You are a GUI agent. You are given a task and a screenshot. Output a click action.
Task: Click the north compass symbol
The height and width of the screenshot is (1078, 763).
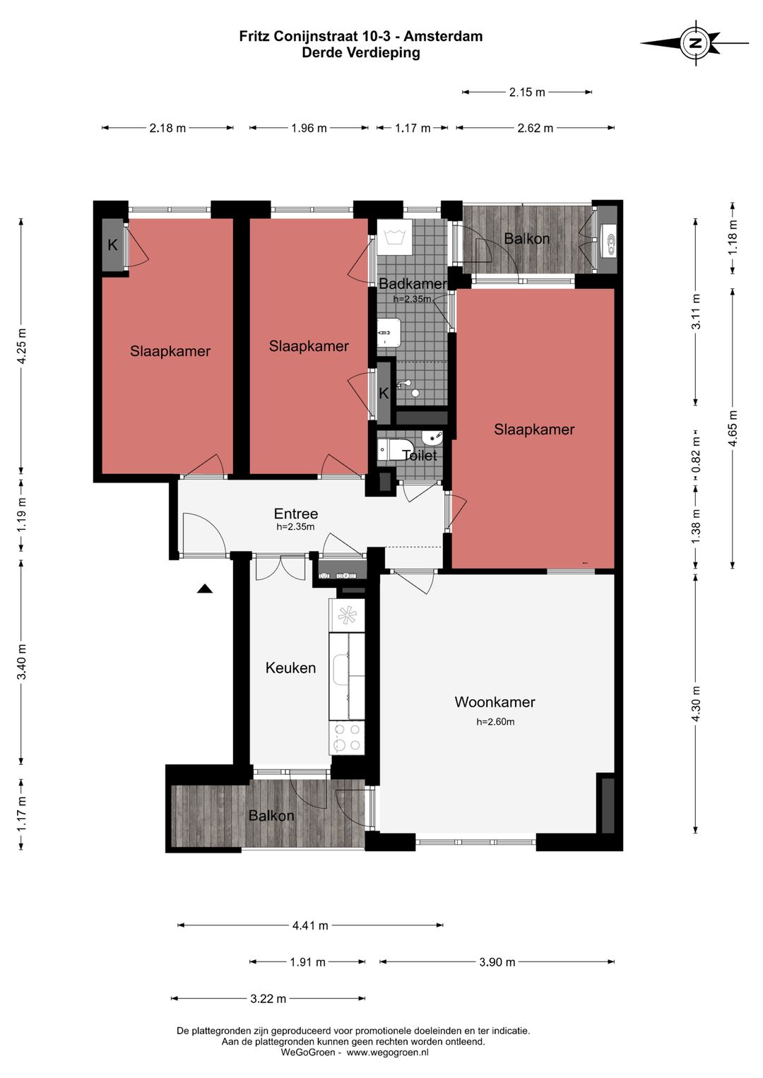pos(695,43)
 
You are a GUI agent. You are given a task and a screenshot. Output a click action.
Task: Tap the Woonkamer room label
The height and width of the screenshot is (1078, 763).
pos(495,702)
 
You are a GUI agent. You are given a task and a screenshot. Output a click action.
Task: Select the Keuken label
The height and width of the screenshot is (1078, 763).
pos(291,668)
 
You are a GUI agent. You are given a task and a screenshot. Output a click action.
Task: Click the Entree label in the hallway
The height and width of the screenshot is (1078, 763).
pos(295,514)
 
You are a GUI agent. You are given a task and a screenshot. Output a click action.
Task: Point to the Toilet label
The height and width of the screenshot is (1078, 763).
pos(419,455)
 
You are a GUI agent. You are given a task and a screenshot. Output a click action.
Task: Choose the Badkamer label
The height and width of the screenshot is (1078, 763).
pos(413,283)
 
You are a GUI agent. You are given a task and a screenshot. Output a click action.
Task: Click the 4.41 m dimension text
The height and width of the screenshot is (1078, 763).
pos(310,925)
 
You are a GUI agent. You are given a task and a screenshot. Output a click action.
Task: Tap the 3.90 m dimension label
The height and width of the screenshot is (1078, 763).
pos(497,962)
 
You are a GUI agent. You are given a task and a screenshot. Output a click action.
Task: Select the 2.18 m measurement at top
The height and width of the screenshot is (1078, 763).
pos(167,128)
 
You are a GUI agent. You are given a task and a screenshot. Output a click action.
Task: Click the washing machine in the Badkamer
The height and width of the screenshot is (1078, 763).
pos(395,237)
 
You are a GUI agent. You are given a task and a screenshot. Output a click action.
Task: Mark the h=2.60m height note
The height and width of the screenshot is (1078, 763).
pos(495,722)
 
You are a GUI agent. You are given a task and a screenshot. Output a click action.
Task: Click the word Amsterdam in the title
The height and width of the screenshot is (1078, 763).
pos(443,36)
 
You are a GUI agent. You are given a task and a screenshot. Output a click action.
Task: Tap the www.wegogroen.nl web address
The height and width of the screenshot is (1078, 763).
pos(388,1053)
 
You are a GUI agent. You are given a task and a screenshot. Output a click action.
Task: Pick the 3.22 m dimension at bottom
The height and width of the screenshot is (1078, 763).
pos(268,999)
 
